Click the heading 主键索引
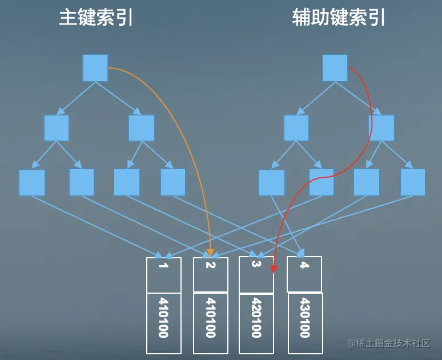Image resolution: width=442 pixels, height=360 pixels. tap(96, 18)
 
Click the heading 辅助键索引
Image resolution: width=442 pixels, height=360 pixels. tap(339, 18)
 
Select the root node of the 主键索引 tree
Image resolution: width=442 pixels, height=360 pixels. tap(95, 68)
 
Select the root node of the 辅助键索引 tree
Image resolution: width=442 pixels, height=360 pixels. tap(335, 68)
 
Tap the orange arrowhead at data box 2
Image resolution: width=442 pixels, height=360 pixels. tap(210, 252)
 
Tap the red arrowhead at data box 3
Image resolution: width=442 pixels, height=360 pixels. tap(274, 268)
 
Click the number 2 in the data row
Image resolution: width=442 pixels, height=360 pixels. tap(210, 266)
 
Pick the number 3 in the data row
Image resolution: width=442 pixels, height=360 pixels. tap(255, 265)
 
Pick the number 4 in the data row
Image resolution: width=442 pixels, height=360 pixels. tap(304, 266)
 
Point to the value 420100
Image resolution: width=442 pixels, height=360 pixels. tap(256, 318)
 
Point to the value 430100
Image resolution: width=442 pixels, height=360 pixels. tap(305, 318)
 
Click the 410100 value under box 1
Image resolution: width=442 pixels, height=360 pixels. tap(163, 318)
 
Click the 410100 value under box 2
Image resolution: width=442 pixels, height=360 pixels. tap(210, 318)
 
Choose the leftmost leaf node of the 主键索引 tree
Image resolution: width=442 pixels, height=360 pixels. tap(32, 183)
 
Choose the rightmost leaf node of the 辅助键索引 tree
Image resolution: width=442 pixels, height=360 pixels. tap(413, 182)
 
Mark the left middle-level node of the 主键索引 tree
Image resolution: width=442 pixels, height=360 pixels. tap(57, 128)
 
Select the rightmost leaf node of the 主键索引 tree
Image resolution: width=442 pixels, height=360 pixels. tap(173, 183)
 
